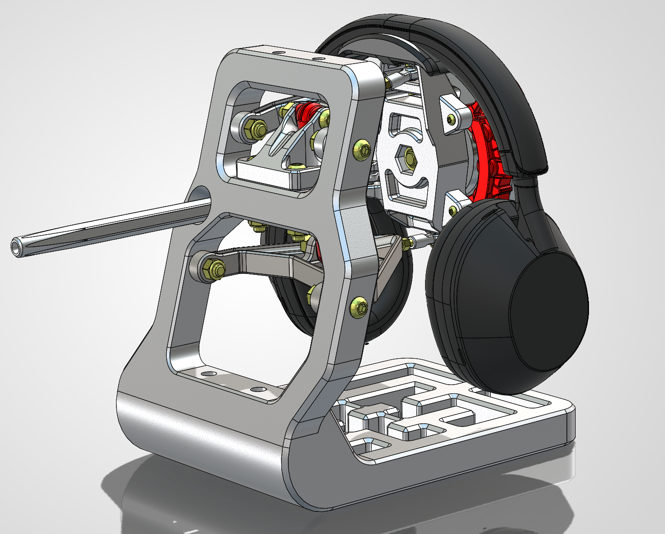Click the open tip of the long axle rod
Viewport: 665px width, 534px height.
coord(17,248)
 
